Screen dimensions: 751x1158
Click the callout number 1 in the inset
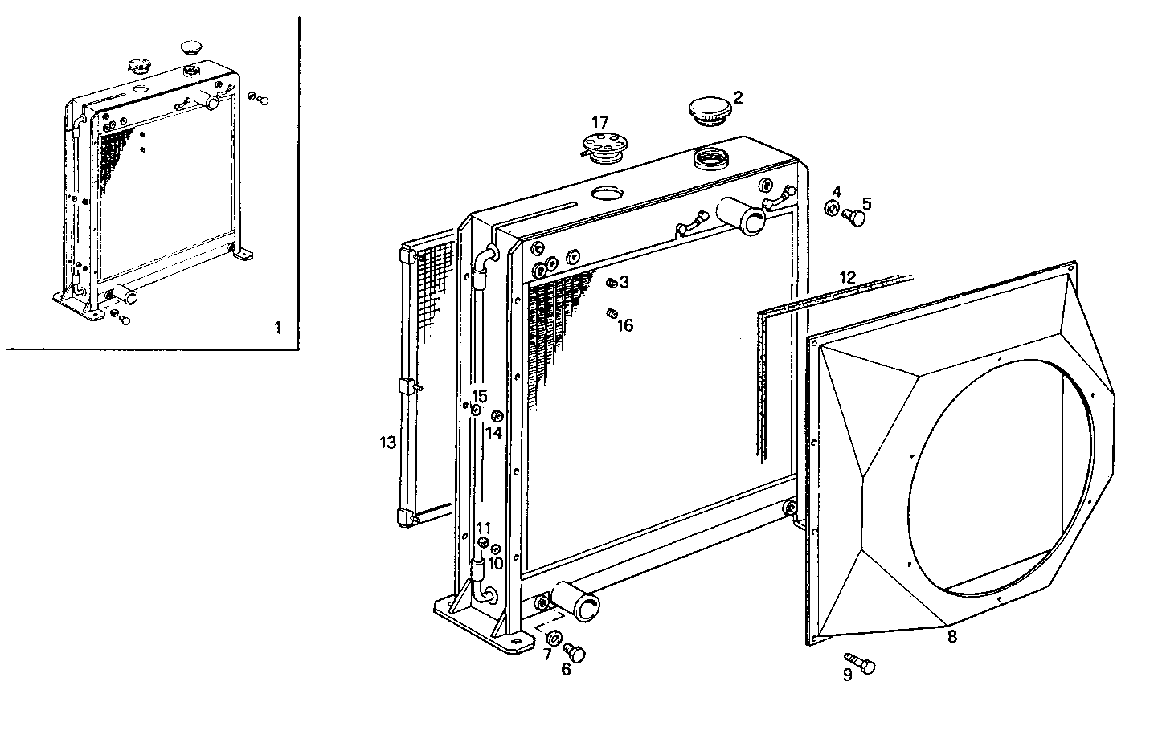(x=278, y=328)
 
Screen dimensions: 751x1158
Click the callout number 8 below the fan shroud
(x=951, y=636)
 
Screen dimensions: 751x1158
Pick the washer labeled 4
(x=833, y=210)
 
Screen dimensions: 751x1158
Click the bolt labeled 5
(x=857, y=217)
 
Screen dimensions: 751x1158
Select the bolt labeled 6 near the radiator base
(x=575, y=651)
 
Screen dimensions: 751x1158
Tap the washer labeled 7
(x=554, y=639)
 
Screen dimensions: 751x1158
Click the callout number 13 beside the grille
(x=388, y=442)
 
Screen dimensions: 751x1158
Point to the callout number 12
(x=848, y=276)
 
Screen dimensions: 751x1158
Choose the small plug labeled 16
(x=610, y=312)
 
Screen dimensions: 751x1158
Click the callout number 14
(x=493, y=432)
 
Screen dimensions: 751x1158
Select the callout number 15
(x=479, y=396)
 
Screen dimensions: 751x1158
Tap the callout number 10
(x=495, y=563)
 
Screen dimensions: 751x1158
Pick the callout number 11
(x=483, y=528)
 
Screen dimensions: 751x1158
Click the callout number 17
(x=600, y=122)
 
